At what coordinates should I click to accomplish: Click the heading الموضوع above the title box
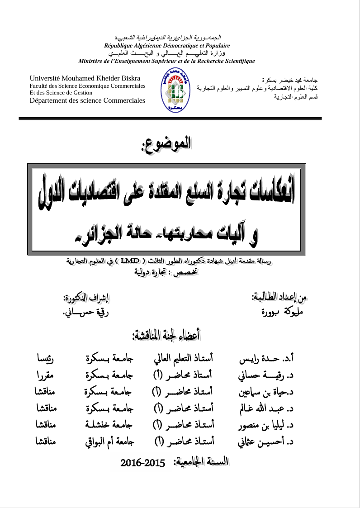pyautogui.click(x=167, y=143)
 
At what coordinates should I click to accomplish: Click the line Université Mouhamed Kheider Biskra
pyautogui.click(x=85, y=78)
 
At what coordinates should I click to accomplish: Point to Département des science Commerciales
pyautogui.click(x=87, y=100)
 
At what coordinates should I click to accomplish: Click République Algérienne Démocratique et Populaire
pyautogui.click(x=167, y=46)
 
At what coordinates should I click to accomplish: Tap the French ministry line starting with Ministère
pyautogui.click(x=166, y=61)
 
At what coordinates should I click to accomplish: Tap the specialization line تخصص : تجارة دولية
pyautogui.click(x=166, y=272)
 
